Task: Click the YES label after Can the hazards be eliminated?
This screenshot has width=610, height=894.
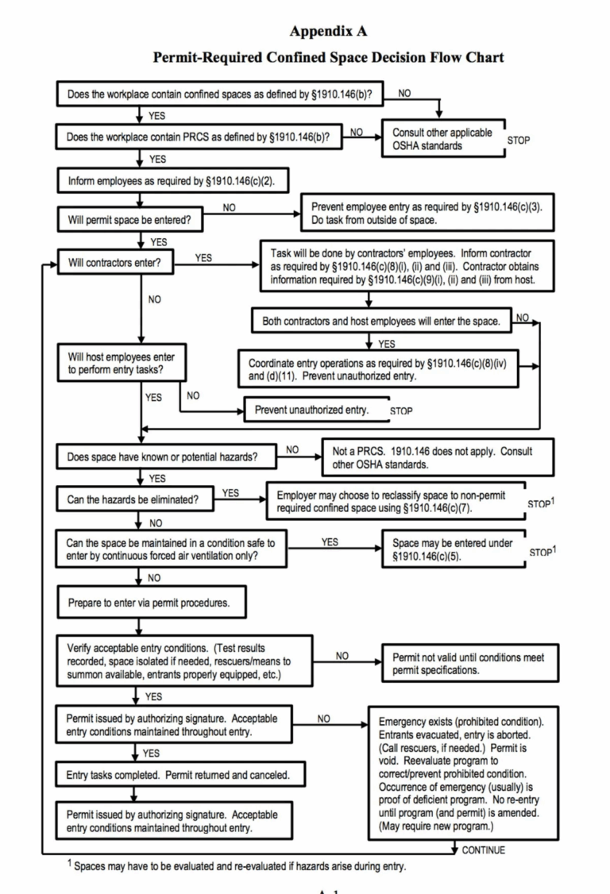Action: click(x=230, y=493)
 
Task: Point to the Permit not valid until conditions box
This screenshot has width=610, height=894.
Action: click(x=469, y=664)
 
